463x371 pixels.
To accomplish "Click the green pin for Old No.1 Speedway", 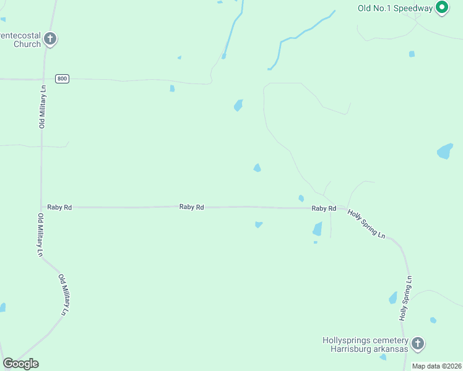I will tap(441, 8).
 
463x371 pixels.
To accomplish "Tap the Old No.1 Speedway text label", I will tap(396, 8).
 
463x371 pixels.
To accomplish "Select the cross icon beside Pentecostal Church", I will tap(50, 40).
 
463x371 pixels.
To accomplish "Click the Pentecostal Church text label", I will tap(20, 40).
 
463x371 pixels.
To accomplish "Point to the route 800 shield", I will tap(62, 79).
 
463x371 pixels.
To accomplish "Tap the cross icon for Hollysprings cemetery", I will tap(418, 344).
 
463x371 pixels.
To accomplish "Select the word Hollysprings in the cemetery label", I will tap(348, 341).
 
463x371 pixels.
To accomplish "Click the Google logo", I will tap(20, 364).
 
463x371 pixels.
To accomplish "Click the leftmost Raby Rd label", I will tap(59, 207).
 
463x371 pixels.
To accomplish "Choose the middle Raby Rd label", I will tap(191, 207).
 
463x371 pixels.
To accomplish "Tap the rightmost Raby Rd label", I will tap(324, 209).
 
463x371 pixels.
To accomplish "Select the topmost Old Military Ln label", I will tap(43, 106).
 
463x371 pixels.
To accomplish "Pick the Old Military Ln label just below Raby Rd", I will tap(40, 235).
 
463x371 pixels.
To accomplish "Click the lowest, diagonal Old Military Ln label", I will tap(64, 296).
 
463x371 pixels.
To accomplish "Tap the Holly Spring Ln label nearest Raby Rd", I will tap(366, 224).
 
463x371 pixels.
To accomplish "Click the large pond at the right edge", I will tap(445, 151).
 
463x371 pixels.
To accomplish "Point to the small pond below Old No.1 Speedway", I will tap(412, 54).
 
